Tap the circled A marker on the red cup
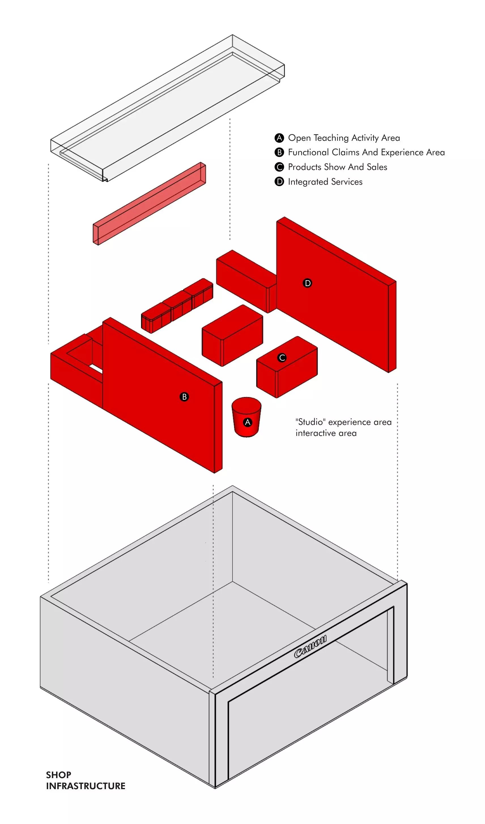pos(248,422)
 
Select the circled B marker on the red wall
pos(184,397)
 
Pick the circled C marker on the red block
pos(282,358)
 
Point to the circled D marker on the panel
pos(307,283)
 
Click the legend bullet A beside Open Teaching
pos(279,138)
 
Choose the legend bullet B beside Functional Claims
pos(279,152)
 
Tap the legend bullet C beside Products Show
pos(279,167)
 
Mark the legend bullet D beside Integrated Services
pos(279,182)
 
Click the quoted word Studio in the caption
pos(310,422)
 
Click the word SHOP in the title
pos(59,775)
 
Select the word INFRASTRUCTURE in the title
pos(86,786)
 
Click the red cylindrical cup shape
pos(246,417)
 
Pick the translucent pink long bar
pos(150,203)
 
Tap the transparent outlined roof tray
pos(167,108)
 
